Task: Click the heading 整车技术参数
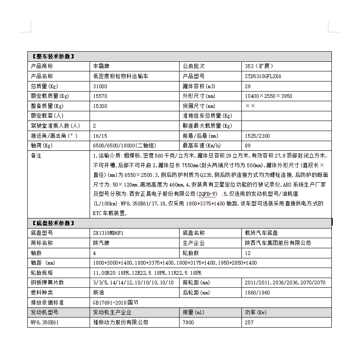pyautogui.click(x=53, y=56)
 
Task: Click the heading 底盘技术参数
pyautogui.click(x=53, y=223)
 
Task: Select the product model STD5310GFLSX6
pyautogui.click(x=263, y=76)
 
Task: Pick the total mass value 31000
pyautogui.click(x=100, y=86)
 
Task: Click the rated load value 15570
pyautogui.click(x=100, y=96)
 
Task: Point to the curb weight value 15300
pyautogui.click(x=100, y=106)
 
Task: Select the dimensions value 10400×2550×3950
pyautogui.click(x=268, y=96)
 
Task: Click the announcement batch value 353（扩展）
pyautogui.click(x=259, y=66)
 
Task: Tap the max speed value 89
pyautogui.click(x=248, y=146)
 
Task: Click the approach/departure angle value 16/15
pyautogui.click(x=100, y=136)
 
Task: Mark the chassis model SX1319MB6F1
pyautogui.click(x=108, y=233)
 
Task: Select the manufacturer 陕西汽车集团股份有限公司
pyautogui.click(x=278, y=243)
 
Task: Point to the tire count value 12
pyautogui.click(x=248, y=253)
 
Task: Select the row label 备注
pyautogui.click(x=37, y=156)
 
